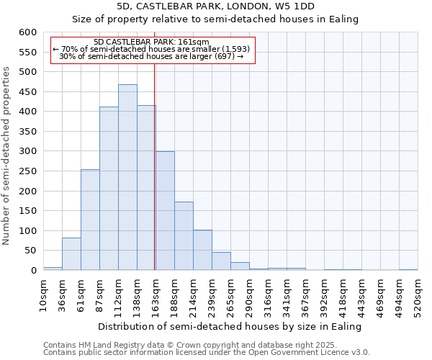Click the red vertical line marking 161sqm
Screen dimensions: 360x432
point(155,166)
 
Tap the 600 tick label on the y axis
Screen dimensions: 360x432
point(27,32)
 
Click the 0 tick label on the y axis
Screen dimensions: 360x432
point(33,271)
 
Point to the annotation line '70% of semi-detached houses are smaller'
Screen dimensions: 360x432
point(151,49)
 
